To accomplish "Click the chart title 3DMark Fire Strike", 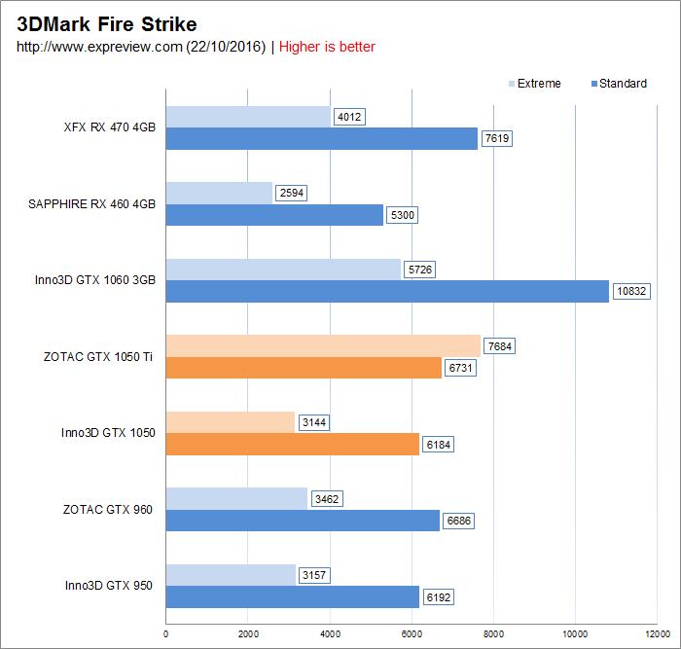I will pyautogui.click(x=106, y=23).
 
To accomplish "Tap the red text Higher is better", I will pyautogui.click(x=327, y=47).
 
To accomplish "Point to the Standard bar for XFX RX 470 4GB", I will pyautogui.click(x=321, y=138).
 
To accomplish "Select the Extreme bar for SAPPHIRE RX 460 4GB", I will pyautogui.click(x=219, y=193).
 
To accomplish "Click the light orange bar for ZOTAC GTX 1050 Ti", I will pyautogui.click(x=323, y=345).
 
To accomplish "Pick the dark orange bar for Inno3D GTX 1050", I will pyautogui.click(x=292, y=445).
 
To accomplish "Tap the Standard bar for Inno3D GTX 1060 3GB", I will pyautogui.click(x=387, y=291).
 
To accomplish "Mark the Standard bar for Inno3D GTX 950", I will pyautogui.click(x=292, y=597).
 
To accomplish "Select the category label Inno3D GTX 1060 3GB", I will pyautogui.click(x=94, y=280).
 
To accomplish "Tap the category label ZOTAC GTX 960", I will pyautogui.click(x=108, y=509).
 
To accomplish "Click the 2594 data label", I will pyautogui.click(x=291, y=193).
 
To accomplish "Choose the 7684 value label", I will pyautogui.click(x=499, y=345).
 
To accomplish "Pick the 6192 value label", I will pyautogui.click(x=438, y=597).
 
